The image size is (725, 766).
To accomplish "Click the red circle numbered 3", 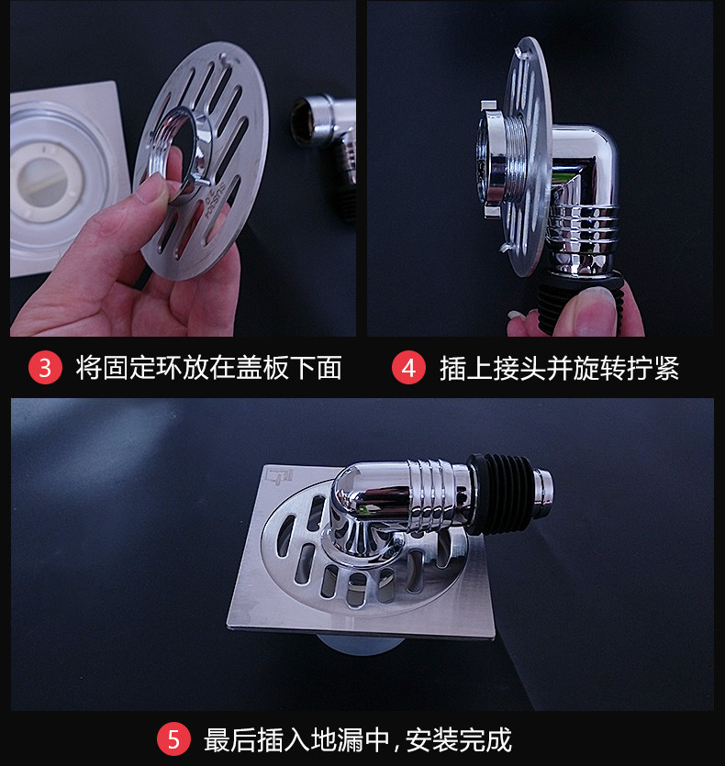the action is (45, 367).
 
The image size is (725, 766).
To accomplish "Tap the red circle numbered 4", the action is (408, 367).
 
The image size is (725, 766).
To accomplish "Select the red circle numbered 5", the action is (174, 739).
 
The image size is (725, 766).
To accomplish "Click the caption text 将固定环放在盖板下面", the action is (208, 367).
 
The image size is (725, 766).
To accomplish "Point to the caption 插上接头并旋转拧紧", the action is (559, 368).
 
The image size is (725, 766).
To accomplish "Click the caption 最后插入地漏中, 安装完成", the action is (358, 740).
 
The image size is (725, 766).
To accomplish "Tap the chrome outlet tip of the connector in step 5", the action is (543, 493).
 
